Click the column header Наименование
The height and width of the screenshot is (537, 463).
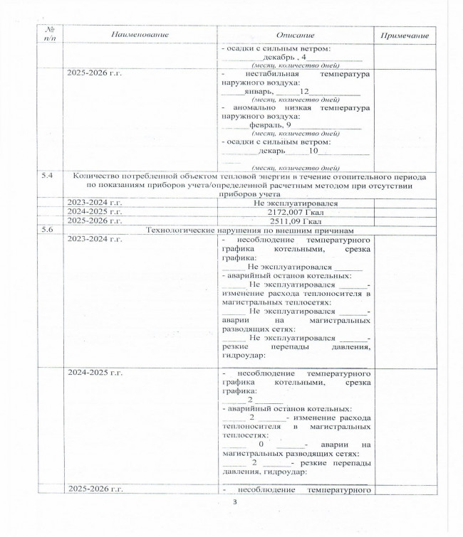tap(139, 35)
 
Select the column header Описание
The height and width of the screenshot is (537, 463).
tap(295, 35)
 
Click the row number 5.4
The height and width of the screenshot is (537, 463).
tap(47, 175)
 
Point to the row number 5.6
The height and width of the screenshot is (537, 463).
tap(47, 230)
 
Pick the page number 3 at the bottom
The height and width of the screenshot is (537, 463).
tap(234, 504)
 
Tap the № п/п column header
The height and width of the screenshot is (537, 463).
tap(49, 35)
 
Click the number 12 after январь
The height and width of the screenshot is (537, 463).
tap(304, 92)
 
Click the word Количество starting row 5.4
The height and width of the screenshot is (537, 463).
tap(96, 175)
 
